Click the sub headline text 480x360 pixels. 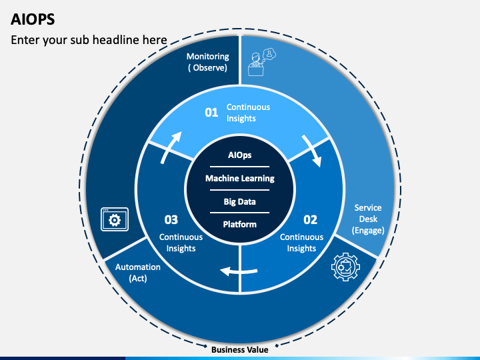[89, 40]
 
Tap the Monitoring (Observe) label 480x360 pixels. [207, 62]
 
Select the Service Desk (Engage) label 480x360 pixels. [368, 219]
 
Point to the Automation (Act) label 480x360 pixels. [138, 272]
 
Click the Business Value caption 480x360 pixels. [239, 349]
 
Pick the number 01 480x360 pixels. [211, 112]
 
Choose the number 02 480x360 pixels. [311, 219]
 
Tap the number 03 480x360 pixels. [171, 219]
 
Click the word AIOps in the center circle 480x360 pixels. [240, 155]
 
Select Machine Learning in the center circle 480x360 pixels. [240, 178]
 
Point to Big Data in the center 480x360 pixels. [240, 201]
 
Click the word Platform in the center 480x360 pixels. [240, 224]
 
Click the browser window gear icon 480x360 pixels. [113, 219]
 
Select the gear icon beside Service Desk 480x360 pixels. [345, 267]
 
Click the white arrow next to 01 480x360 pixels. [312, 151]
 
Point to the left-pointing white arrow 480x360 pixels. [239, 271]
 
